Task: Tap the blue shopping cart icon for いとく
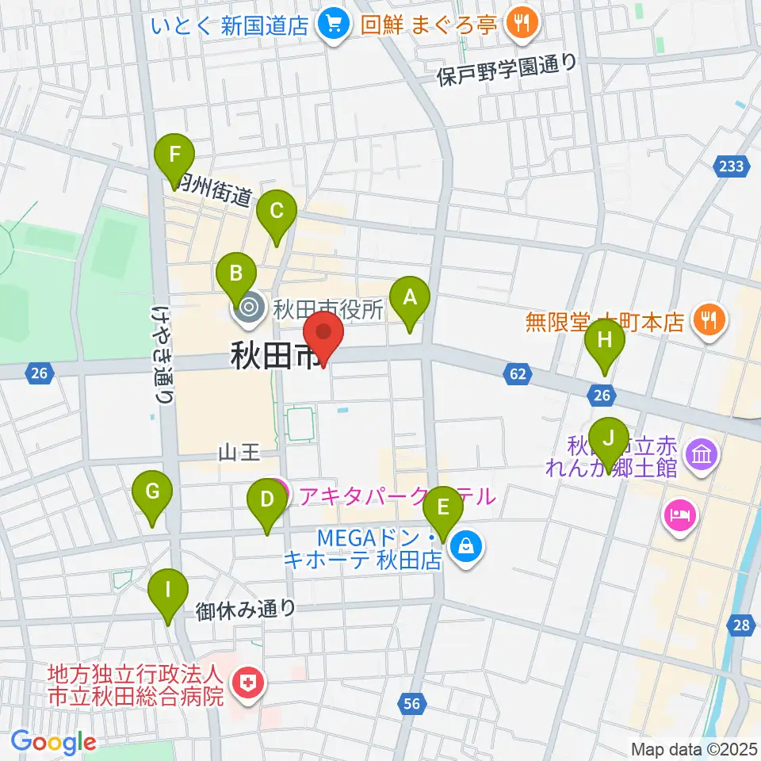point(331,25)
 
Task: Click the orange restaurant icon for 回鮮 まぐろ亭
point(521,25)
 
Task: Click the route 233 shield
point(732,166)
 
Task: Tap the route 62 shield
point(517,373)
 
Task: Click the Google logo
point(53,742)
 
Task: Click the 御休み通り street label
point(246,609)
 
